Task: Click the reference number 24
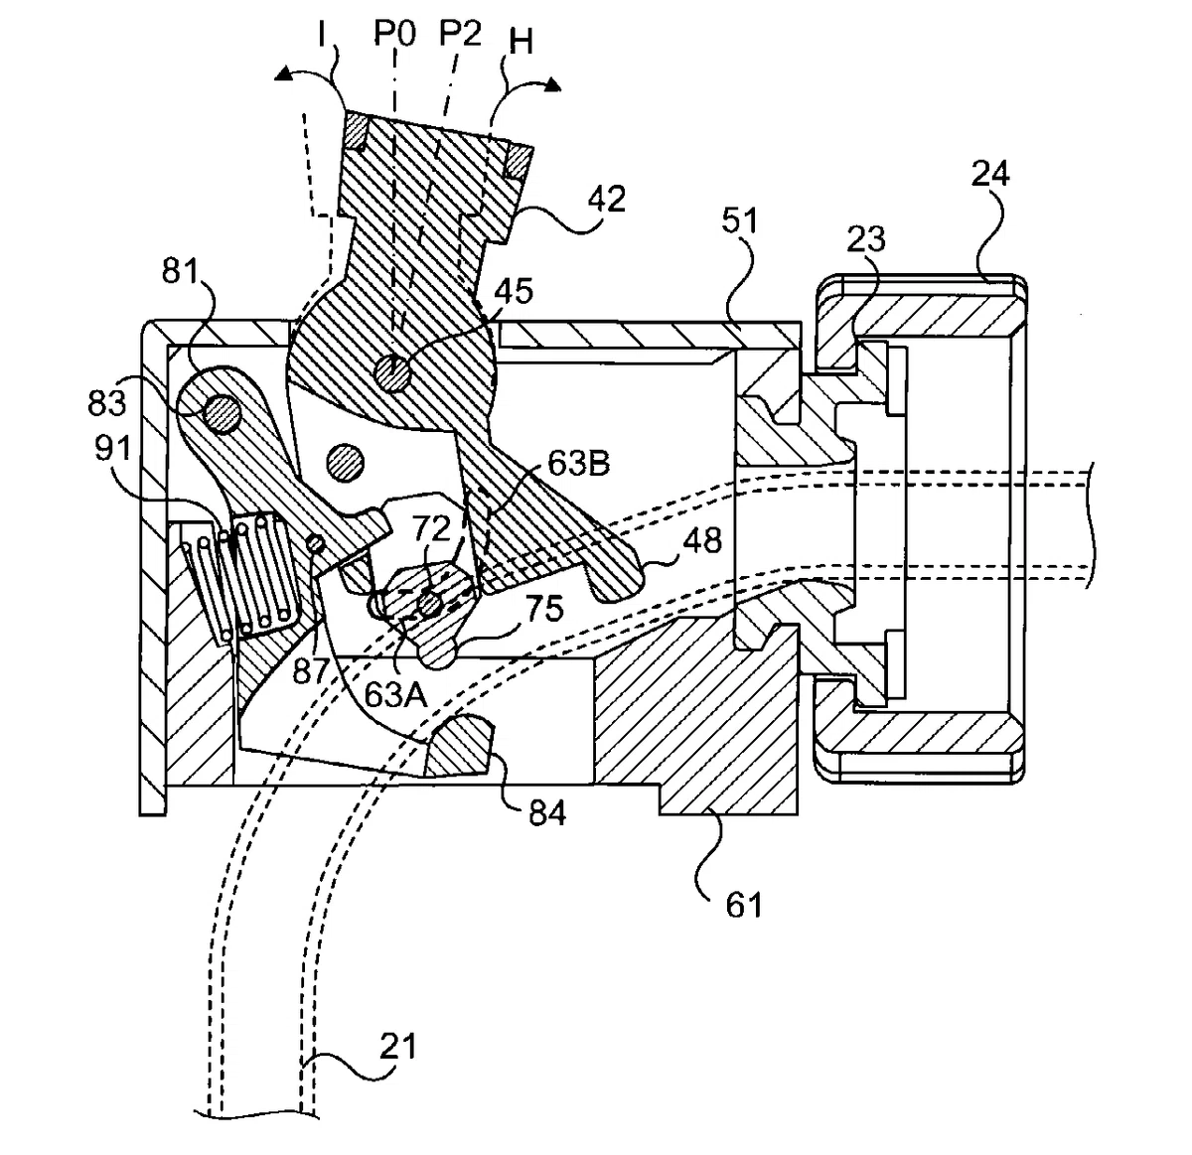[990, 175]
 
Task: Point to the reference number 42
[606, 199]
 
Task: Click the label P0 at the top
[394, 35]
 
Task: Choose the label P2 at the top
[461, 35]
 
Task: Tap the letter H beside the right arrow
[521, 44]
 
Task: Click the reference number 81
[180, 271]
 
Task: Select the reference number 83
[108, 403]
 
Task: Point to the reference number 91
[112, 449]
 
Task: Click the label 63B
[578, 464]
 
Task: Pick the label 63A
[395, 694]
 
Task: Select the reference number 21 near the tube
[397, 1047]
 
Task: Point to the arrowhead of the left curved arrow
[284, 73]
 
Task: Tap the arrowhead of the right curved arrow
[552, 84]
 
